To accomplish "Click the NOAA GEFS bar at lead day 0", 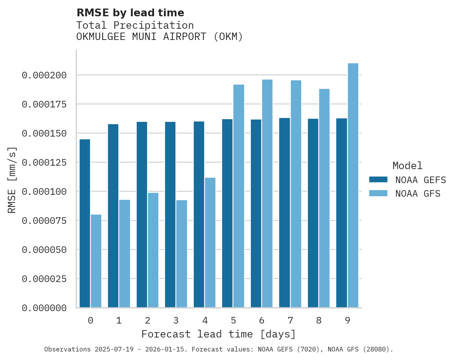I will (85, 223).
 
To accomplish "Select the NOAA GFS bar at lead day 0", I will (96, 261).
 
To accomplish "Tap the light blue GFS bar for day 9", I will (353, 185).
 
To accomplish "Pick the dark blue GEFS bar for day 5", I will (227, 213).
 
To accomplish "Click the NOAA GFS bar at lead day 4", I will (210, 242).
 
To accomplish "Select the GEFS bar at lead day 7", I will (285, 213).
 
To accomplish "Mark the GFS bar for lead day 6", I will (267, 193).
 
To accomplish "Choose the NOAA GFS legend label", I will (418, 193).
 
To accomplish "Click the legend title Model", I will (407, 166).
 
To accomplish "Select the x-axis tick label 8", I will (319, 320).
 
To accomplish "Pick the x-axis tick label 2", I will (148, 320).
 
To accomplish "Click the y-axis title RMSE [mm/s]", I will (12, 180).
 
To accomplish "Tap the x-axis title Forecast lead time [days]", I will (219, 334).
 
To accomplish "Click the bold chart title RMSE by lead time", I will (130, 13).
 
